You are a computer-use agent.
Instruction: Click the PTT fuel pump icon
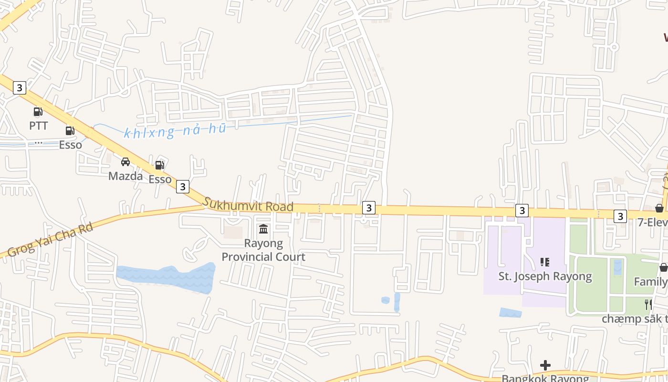click(x=38, y=112)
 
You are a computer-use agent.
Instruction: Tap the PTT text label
click(x=39, y=126)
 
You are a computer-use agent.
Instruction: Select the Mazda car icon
click(x=125, y=162)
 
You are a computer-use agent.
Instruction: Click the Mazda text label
click(x=125, y=176)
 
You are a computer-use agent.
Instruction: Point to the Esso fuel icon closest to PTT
click(x=70, y=130)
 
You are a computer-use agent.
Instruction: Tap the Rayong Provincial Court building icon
click(x=263, y=229)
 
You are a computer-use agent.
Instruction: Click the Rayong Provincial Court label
click(x=263, y=250)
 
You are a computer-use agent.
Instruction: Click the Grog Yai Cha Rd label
click(x=50, y=239)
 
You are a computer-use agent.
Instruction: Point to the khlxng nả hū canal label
click(x=175, y=131)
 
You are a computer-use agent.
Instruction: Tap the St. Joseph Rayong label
click(x=545, y=276)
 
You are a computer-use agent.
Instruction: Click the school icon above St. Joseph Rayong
click(x=545, y=262)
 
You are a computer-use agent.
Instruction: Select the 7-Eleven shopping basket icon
click(x=659, y=208)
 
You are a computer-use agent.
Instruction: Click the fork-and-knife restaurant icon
click(x=648, y=304)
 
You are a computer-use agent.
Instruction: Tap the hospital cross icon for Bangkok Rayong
click(x=545, y=365)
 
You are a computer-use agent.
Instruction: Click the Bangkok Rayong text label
click(x=545, y=378)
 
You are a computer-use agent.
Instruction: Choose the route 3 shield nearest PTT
click(x=19, y=88)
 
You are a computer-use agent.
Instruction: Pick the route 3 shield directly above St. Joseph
click(x=522, y=210)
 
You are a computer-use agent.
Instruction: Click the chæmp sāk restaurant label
click(x=635, y=318)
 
